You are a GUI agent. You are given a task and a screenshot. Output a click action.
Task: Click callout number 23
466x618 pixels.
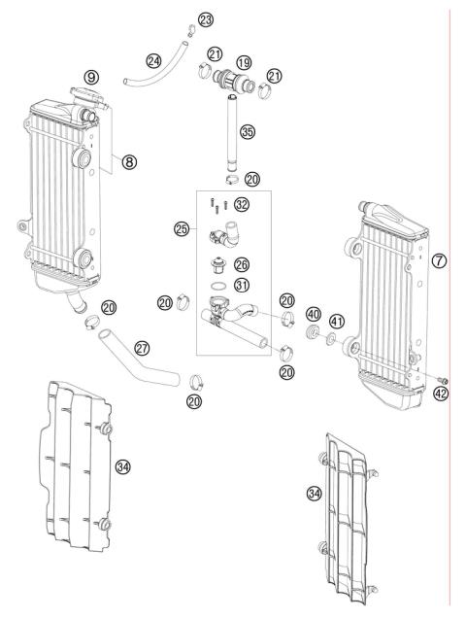[205, 19]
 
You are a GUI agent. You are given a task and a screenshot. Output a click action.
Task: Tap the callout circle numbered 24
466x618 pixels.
[153, 60]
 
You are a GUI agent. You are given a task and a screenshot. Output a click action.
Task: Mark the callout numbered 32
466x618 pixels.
[241, 205]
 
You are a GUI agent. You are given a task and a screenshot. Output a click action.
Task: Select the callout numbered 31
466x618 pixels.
[243, 285]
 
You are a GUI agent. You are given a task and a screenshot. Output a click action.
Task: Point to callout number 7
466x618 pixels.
[439, 262]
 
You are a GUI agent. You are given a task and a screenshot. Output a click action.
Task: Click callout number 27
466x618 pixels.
[142, 347]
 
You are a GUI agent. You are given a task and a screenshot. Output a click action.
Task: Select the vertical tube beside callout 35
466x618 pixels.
[232, 131]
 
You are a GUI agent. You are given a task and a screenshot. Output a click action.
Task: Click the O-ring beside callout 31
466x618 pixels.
[221, 286]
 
